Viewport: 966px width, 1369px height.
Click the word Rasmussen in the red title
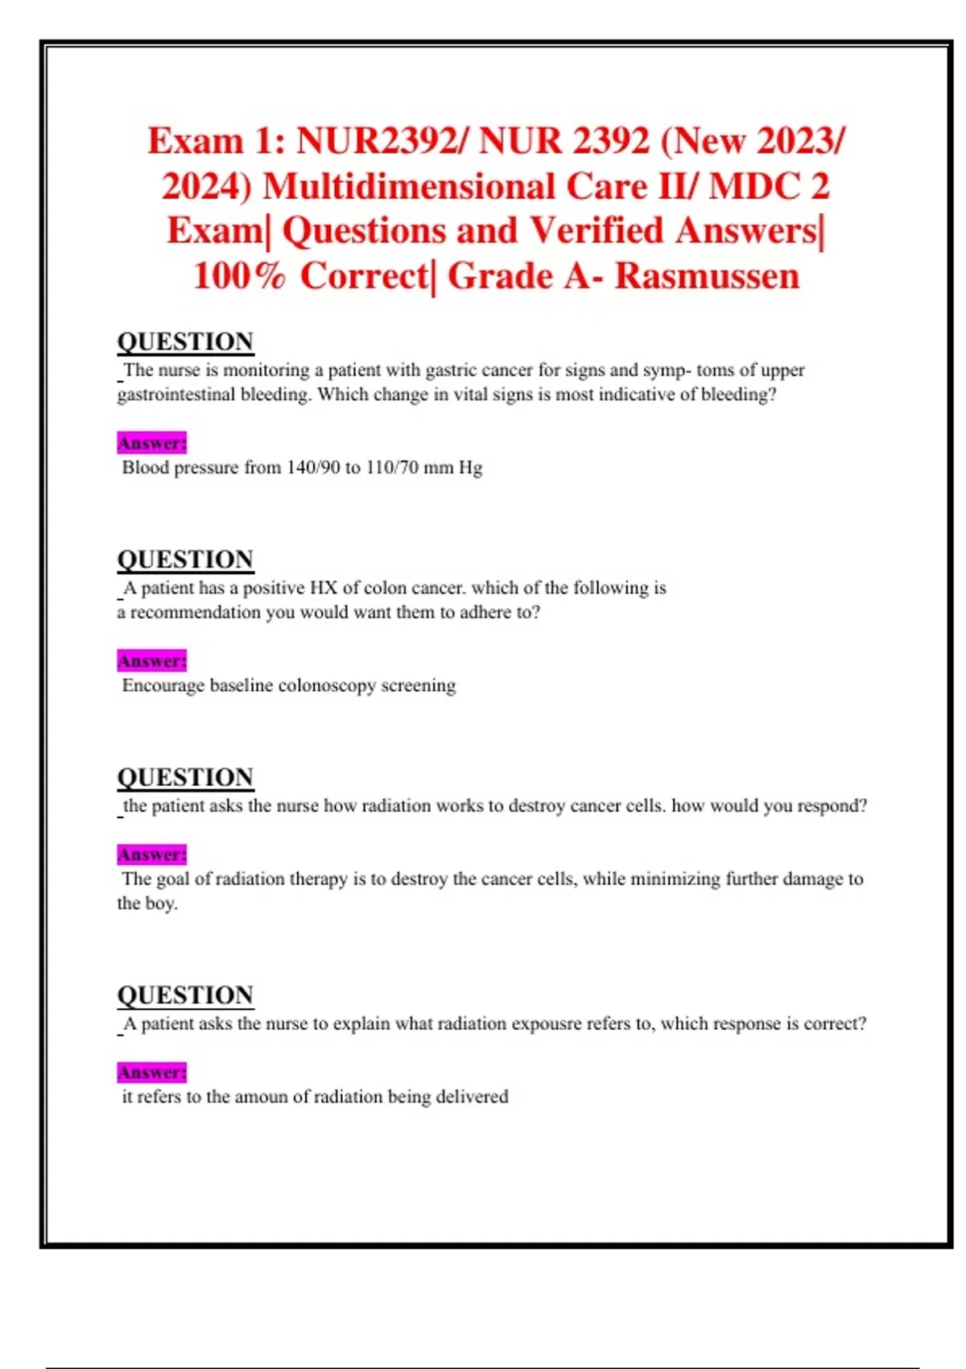(x=707, y=276)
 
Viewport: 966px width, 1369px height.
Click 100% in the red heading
(x=239, y=276)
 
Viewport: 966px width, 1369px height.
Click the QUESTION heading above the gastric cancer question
(x=185, y=341)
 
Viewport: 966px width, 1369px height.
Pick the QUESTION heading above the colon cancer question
(x=185, y=560)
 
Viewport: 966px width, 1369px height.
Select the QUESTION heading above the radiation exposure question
(x=185, y=995)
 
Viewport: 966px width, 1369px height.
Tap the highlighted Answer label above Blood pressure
(x=151, y=443)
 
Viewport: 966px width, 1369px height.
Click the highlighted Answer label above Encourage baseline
(x=151, y=661)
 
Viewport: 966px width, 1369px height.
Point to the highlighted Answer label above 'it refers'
(x=151, y=1073)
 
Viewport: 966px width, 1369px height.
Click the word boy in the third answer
(x=159, y=904)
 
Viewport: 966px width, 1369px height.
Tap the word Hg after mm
(x=471, y=468)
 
